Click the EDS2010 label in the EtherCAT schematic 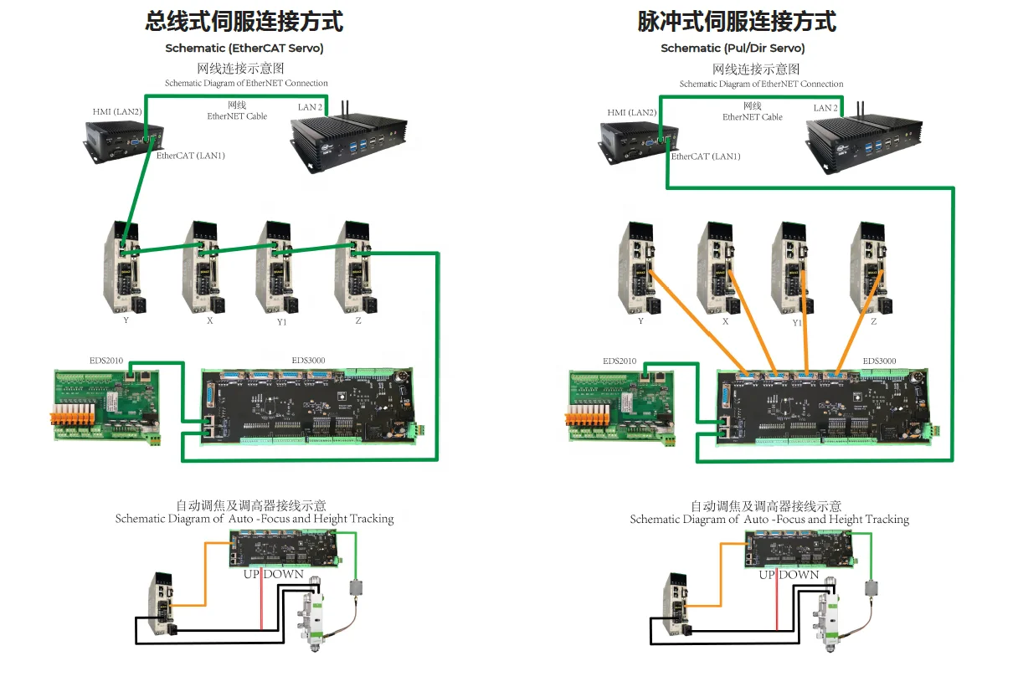[105, 361]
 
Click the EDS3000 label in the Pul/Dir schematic [879, 361]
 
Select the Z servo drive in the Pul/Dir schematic [871, 268]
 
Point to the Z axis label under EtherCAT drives [358, 320]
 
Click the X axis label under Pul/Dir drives [725, 321]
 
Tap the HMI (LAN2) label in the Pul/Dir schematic [632, 113]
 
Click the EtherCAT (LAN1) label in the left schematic [190, 156]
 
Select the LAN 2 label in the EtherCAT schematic [310, 107]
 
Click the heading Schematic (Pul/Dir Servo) [733, 49]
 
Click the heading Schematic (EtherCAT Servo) [244, 49]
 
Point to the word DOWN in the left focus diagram [283, 574]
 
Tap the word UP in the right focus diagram [767, 575]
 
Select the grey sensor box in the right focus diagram [871, 588]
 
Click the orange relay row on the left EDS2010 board [73, 413]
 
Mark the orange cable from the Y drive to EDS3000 [698, 322]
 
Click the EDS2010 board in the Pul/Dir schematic [622, 406]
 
